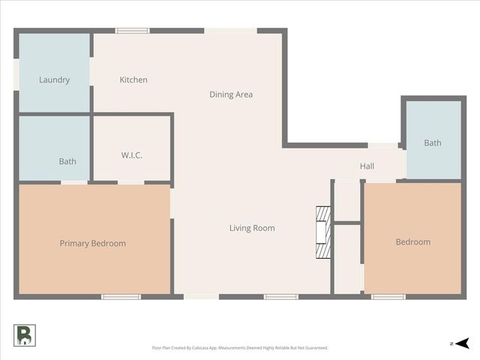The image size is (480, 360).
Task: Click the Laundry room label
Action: (54, 79)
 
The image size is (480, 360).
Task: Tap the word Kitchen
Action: (133, 79)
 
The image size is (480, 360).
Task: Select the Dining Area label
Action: (230, 94)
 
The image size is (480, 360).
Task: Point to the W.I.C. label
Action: (131, 155)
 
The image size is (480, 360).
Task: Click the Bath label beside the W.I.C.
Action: (67, 161)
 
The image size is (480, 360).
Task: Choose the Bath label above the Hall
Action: (433, 142)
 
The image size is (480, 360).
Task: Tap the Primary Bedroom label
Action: (93, 243)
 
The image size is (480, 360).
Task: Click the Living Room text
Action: (252, 228)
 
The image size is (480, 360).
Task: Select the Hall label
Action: (367, 166)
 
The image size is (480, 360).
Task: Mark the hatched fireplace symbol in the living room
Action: (322, 232)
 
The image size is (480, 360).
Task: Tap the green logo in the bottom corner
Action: (24, 335)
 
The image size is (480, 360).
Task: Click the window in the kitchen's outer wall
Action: (132, 31)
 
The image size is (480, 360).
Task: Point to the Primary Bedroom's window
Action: (121, 297)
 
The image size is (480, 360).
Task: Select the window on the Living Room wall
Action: (281, 297)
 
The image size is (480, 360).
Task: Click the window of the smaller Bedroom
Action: (388, 297)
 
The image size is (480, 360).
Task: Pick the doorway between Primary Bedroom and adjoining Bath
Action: (74, 182)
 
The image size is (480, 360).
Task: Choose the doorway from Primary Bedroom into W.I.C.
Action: (130, 182)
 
